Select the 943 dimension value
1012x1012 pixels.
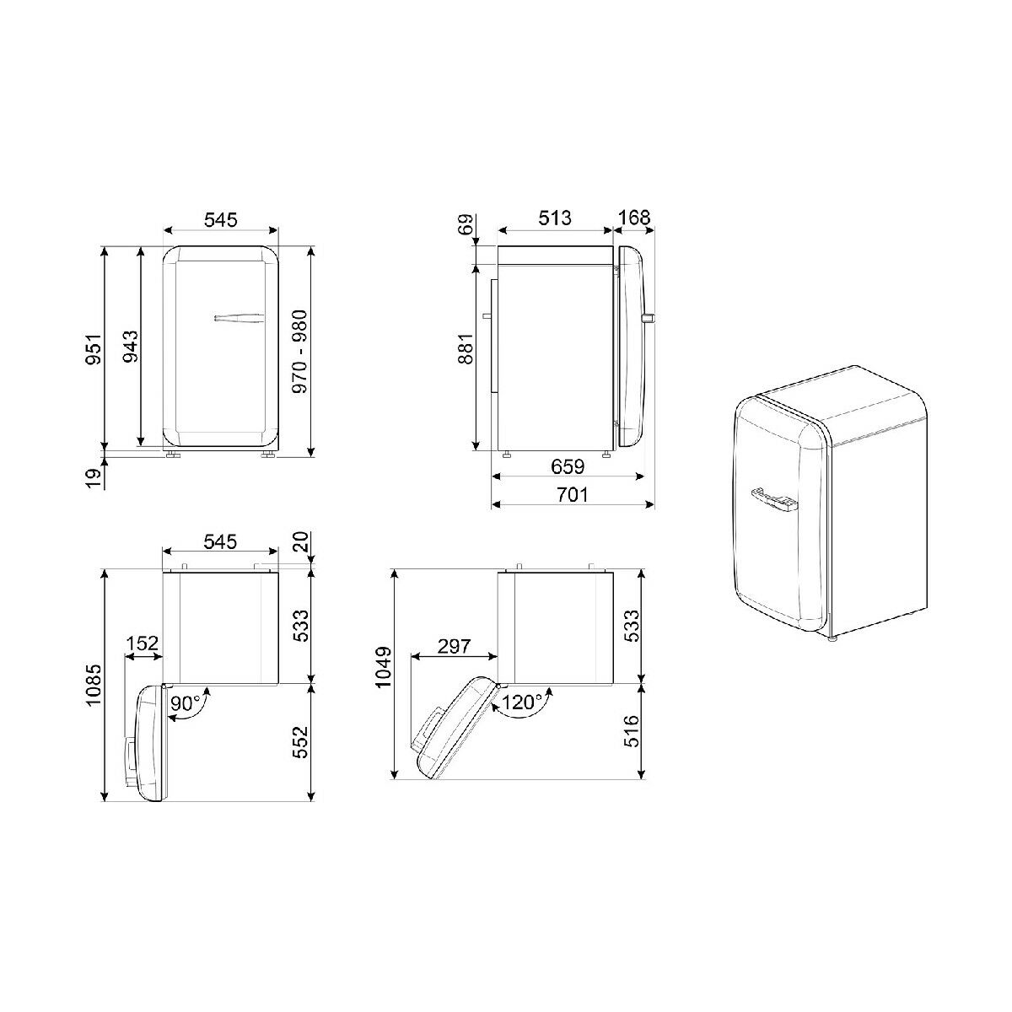tap(130, 346)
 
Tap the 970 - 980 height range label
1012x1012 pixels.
tap(300, 352)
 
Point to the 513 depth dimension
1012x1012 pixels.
tap(555, 218)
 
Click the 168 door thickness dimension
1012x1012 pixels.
tap(634, 218)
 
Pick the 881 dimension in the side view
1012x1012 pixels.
tap(466, 348)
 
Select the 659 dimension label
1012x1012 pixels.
tap(568, 466)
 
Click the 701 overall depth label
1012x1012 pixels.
tap(572, 494)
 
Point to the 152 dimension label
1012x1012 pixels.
tap(143, 643)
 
